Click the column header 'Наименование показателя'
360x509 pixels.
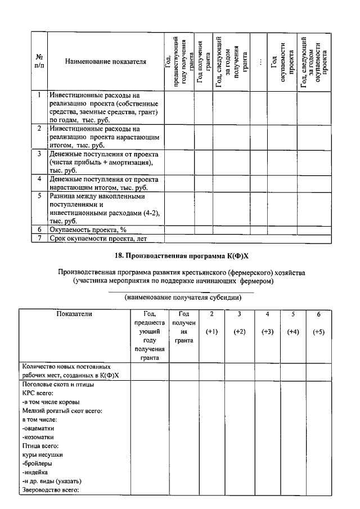click(x=105, y=61)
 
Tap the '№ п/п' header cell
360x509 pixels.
click(x=39, y=61)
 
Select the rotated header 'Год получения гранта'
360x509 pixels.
click(x=203, y=61)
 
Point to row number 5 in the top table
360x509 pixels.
click(x=39, y=196)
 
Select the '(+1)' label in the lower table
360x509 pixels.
click(x=211, y=332)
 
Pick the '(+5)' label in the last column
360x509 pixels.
click(x=318, y=332)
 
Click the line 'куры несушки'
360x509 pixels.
click(x=42, y=454)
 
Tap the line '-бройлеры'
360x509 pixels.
click(x=38, y=463)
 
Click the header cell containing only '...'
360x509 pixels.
click(x=259, y=61)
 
